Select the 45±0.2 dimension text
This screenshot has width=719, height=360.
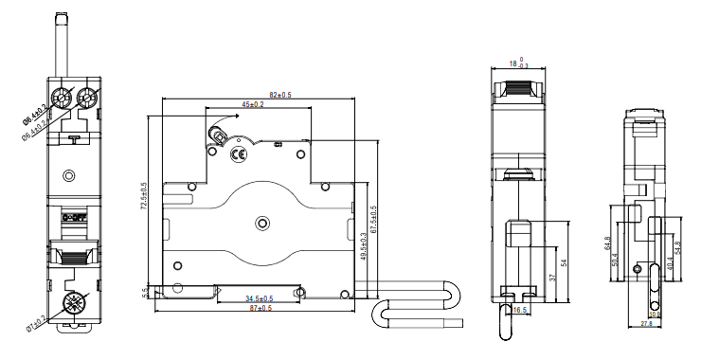(251, 105)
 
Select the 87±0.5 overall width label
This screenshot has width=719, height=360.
(260, 308)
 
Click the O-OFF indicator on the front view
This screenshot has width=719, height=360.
(73, 218)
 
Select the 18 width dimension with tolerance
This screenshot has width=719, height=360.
(518, 63)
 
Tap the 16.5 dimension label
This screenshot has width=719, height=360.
(519, 310)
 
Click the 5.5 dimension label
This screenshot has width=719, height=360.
(145, 292)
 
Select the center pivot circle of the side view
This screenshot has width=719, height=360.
(262, 224)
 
